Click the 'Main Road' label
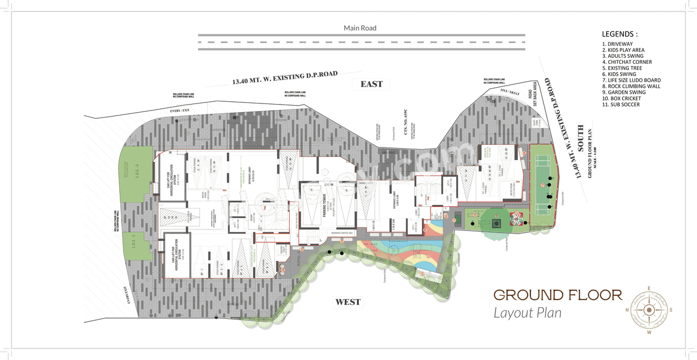tap(359, 28)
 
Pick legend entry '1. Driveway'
tap(617, 44)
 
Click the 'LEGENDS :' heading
tap(619, 34)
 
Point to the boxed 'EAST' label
tap(371, 84)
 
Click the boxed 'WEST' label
tap(348, 302)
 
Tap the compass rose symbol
tap(649, 309)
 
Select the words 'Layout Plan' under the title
tap(527, 313)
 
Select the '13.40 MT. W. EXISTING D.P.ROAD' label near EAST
tap(285, 77)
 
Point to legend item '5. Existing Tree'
tap(622, 68)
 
